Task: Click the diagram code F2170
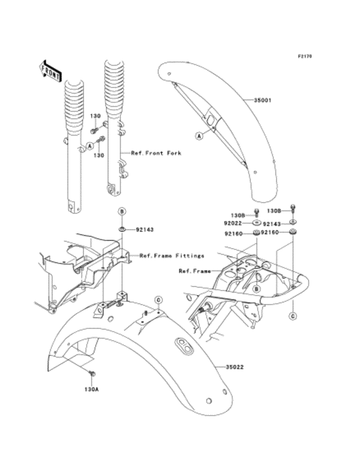[304, 57]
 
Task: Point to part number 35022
[235, 367]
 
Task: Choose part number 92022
[233, 223]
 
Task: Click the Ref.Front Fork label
[156, 154]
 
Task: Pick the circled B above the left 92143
[121, 211]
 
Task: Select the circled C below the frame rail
[292, 316]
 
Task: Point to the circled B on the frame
[255, 290]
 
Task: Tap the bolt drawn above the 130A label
[92, 373]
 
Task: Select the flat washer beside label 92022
[256, 223]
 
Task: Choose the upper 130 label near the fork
[94, 116]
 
